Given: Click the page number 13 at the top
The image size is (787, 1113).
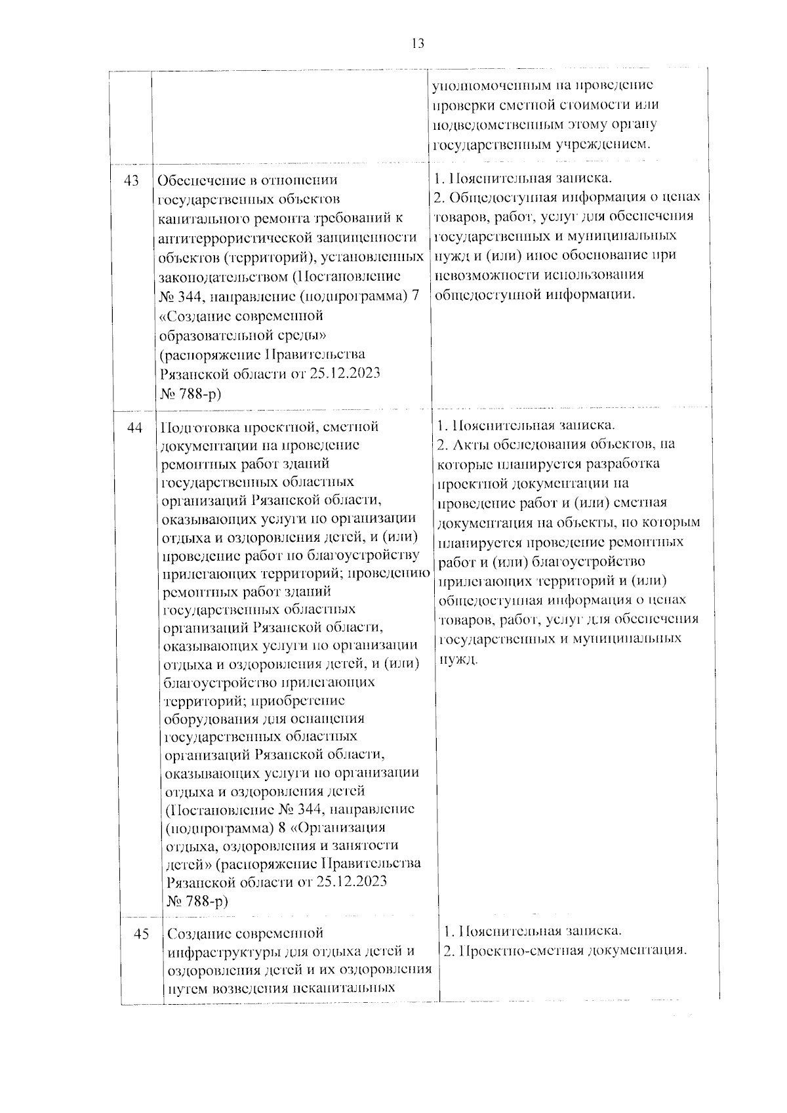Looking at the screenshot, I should click(x=418, y=43).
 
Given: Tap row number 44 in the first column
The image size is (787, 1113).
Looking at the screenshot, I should click(x=135, y=427).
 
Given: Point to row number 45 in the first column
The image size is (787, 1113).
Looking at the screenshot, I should click(x=142, y=934).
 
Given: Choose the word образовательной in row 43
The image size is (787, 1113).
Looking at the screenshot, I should click(x=222, y=335).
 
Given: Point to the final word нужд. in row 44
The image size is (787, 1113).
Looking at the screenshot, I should click(x=455, y=658).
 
